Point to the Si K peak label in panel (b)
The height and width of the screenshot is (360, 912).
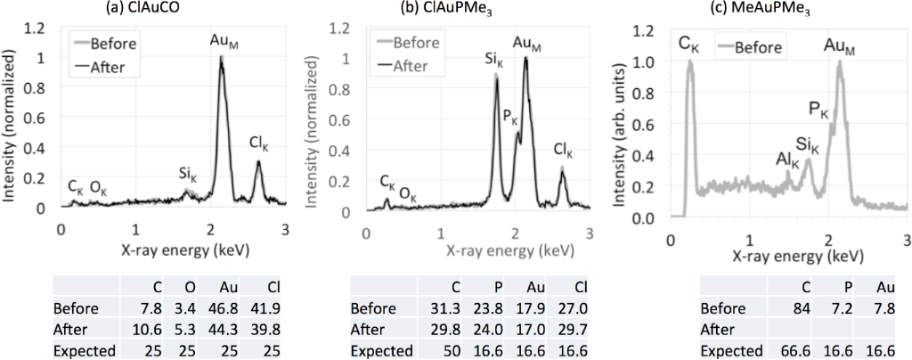pos(493,62)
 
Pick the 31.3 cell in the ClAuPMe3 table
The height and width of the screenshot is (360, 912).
pos(464,309)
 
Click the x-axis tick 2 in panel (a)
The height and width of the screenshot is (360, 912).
pos(210,228)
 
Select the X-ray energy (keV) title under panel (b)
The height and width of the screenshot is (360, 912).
pos(478,251)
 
